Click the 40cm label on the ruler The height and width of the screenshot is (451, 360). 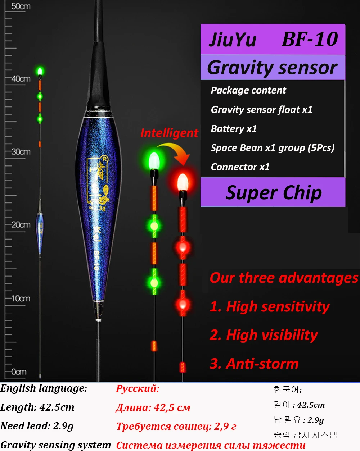tap(21, 79)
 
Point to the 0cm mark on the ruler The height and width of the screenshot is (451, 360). tap(19, 372)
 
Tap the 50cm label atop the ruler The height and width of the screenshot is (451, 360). tap(21, 6)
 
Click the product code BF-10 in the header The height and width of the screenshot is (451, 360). tap(310, 39)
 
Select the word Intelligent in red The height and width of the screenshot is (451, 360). tap(169, 133)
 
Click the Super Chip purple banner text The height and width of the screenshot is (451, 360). tap(274, 192)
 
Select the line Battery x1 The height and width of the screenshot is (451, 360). tap(234, 129)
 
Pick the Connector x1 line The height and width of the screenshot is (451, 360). tap(240, 167)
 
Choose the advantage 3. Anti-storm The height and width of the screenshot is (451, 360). tap(254, 364)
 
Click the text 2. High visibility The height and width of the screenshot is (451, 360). tap(264, 335)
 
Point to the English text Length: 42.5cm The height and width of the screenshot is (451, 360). tap(37, 407)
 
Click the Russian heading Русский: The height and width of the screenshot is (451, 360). tap(138, 388)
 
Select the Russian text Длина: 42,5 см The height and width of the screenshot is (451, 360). tap(153, 407)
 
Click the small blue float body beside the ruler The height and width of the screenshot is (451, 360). tap(40, 232)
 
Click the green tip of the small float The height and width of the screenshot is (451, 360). tap(40, 70)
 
